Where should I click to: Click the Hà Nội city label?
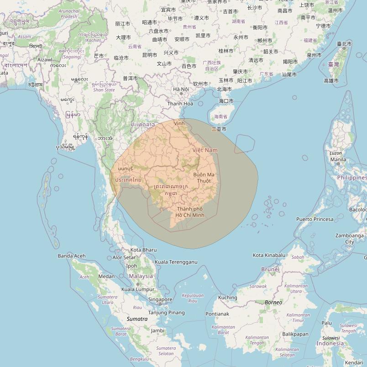click(x=181, y=89)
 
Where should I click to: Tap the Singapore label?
click(x=160, y=299)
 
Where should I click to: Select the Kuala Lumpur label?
click(x=138, y=289)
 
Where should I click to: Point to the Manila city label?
click(x=338, y=160)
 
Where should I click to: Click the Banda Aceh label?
click(x=71, y=256)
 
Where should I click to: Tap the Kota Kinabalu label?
click(x=269, y=255)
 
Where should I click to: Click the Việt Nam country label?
click(x=205, y=150)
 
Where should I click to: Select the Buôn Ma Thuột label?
click(x=204, y=178)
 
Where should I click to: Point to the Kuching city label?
click(x=227, y=298)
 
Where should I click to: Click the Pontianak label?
click(x=217, y=314)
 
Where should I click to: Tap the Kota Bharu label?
click(x=143, y=250)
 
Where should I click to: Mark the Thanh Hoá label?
click(x=180, y=104)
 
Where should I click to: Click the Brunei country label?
click(x=270, y=269)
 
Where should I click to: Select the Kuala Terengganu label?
click(x=176, y=262)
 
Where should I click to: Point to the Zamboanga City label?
click(x=350, y=239)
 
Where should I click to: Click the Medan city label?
click(x=106, y=276)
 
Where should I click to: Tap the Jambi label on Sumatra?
click(x=157, y=330)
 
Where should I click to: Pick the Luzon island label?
click(x=336, y=153)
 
